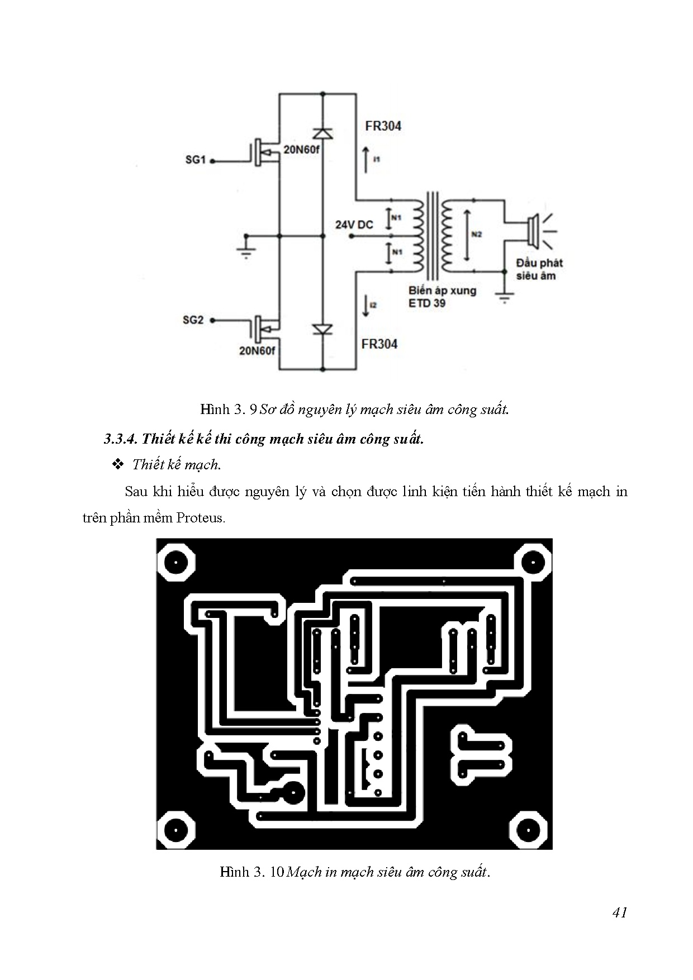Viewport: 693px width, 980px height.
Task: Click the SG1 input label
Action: tap(196, 160)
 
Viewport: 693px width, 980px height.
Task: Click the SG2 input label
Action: tap(193, 321)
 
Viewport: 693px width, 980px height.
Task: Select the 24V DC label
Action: tap(354, 225)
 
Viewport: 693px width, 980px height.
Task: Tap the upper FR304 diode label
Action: tap(383, 126)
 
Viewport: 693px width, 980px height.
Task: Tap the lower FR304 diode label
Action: tap(379, 344)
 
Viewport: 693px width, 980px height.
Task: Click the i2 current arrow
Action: tap(366, 306)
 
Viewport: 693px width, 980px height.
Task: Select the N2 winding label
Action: tap(476, 235)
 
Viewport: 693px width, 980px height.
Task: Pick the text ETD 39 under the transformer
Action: tap(427, 303)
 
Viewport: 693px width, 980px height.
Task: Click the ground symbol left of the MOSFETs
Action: tap(245, 249)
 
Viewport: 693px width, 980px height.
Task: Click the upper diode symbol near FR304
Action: tap(322, 133)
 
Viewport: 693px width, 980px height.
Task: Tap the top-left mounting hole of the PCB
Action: tap(177, 562)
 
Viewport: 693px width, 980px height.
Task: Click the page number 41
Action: tap(620, 912)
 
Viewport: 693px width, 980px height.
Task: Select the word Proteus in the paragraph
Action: tap(200, 517)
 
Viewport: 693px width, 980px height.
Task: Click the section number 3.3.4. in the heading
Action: tap(120, 439)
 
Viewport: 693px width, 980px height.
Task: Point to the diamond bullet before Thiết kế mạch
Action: tap(117, 464)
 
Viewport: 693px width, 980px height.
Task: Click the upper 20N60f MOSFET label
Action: tap(301, 150)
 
